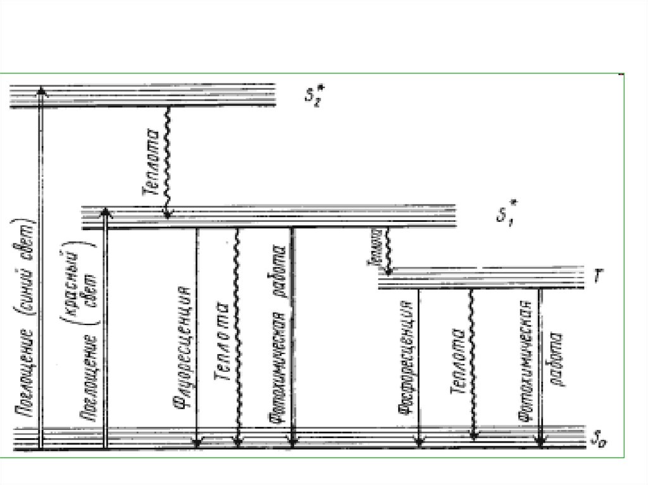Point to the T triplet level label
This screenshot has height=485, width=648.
pyautogui.click(x=599, y=276)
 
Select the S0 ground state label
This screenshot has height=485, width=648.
pyautogui.click(x=598, y=436)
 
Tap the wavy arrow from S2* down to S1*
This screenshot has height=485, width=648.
pyautogui.click(x=168, y=161)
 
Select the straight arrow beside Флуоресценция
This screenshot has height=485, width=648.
pyautogui.click(x=197, y=335)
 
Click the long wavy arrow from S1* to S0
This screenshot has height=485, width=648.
pyautogui.click(x=237, y=335)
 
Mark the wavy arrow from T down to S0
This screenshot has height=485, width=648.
pyautogui.click(x=472, y=364)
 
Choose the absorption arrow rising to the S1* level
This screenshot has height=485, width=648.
pyautogui.click(x=106, y=329)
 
